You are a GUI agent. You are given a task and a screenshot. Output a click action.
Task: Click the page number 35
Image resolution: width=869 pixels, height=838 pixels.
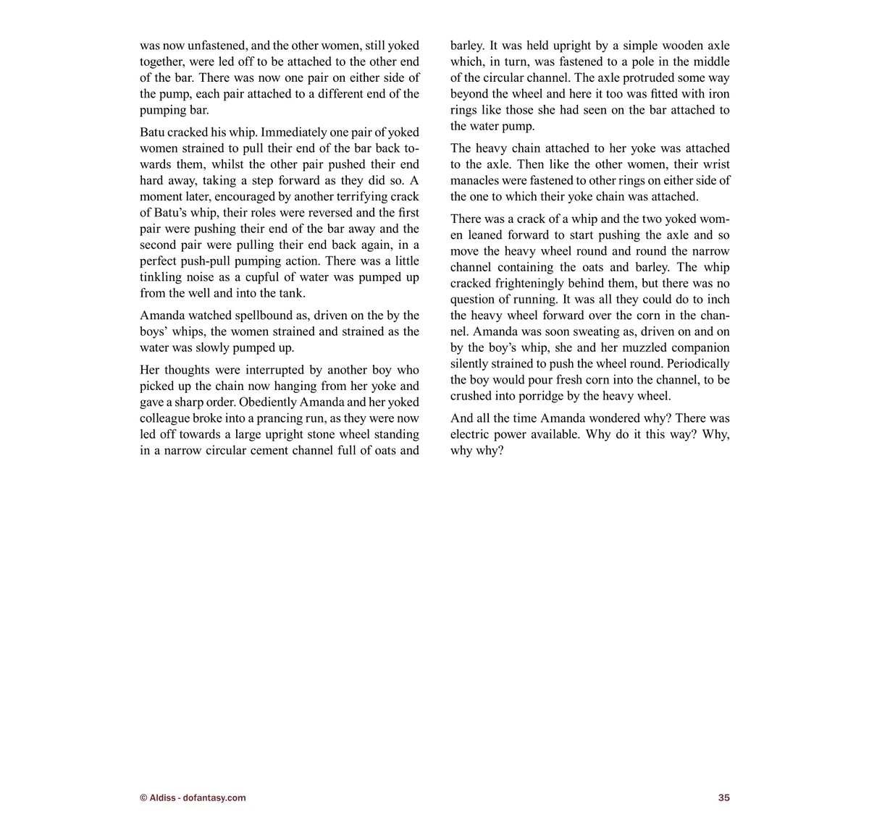coord(723,797)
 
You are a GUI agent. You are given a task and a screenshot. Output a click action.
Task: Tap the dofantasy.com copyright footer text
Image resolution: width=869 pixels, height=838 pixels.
coord(193,797)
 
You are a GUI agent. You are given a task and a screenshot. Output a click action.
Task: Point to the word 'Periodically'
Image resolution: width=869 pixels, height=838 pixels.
coord(697,363)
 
